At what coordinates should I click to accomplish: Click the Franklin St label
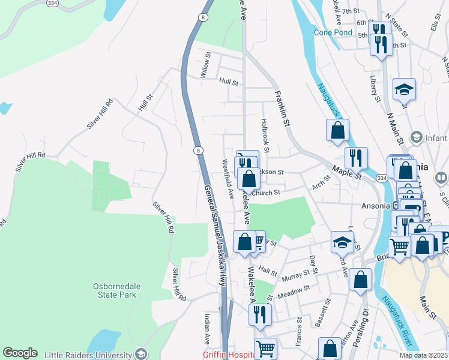[x=282, y=108]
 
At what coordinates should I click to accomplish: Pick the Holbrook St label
[x=265, y=134]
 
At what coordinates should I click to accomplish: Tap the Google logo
[x=20, y=353]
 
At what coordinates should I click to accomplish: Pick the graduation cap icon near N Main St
[x=404, y=89]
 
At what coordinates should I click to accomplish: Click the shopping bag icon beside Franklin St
[x=338, y=130]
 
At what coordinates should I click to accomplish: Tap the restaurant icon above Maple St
[x=356, y=158]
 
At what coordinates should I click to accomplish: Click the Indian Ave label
[x=206, y=329]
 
